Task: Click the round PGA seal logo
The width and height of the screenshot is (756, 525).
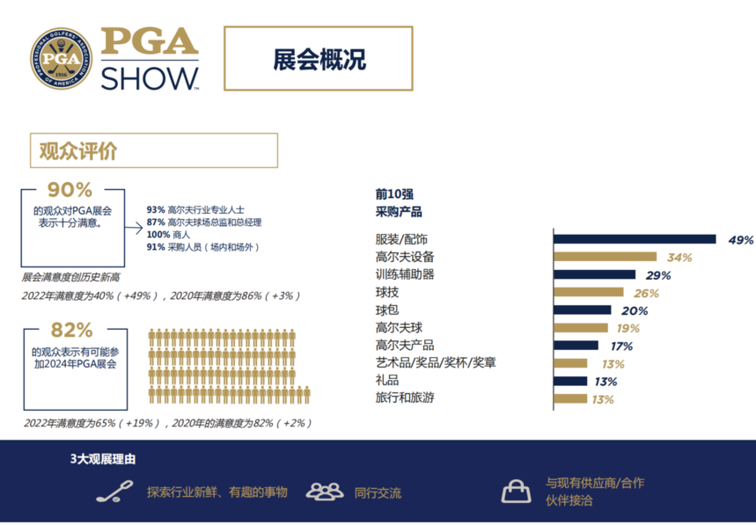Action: [x=62, y=58]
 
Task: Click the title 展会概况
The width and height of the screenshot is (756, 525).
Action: [x=319, y=59]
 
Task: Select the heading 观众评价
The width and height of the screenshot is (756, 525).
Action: [x=78, y=150]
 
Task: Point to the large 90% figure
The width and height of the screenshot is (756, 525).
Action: [x=70, y=190]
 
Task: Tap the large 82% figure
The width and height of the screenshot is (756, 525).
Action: [x=72, y=330]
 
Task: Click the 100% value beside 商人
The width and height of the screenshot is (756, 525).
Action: [x=158, y=235]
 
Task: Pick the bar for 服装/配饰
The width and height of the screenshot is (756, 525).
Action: [x=635, y=239]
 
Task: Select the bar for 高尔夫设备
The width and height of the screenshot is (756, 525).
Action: [x=606, y=257]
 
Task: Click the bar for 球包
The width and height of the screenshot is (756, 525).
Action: [x=583, y=310]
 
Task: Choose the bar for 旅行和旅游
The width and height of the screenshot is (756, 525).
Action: [x=570, y=398]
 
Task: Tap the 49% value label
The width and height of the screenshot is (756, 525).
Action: [x=740, y=240]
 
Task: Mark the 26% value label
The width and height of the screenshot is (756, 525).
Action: [x=646, y=294]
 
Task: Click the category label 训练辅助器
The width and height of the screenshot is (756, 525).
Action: [x=405, y=274]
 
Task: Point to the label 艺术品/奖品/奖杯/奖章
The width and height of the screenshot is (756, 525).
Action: [x=436, y=362]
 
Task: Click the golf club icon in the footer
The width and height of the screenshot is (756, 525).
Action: [x=114, y=492]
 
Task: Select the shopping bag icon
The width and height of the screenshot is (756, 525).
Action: [x=516, y=492]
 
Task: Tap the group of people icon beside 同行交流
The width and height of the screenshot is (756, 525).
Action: [x=325, y=492]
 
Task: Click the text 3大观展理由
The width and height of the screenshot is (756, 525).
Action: [x=103, y=459]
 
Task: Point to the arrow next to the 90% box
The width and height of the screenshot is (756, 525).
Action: [x=134, y=228]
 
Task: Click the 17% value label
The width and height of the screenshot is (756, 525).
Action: [x=621, y=346]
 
